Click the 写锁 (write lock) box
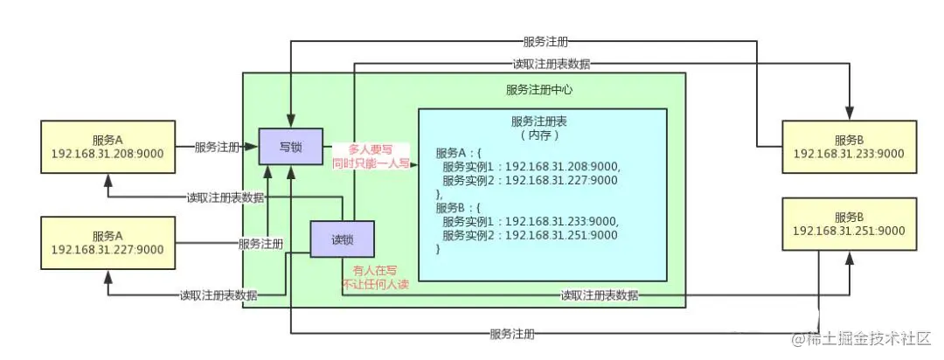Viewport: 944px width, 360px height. coord(290,146)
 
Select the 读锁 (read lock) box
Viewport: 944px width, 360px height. coord(342,238)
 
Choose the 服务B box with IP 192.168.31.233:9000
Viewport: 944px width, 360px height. coord(848,146)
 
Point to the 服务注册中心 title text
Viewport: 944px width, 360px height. coord(539,90)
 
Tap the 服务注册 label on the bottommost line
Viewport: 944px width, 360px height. coord(513,334)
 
